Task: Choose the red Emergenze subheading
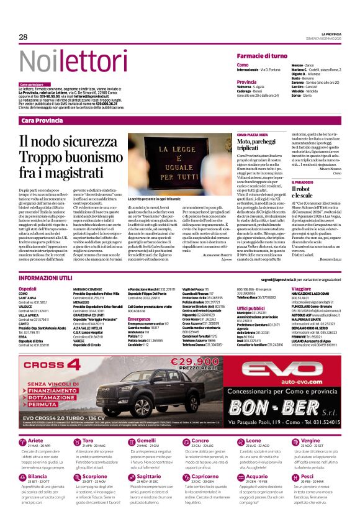point(140,318)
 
